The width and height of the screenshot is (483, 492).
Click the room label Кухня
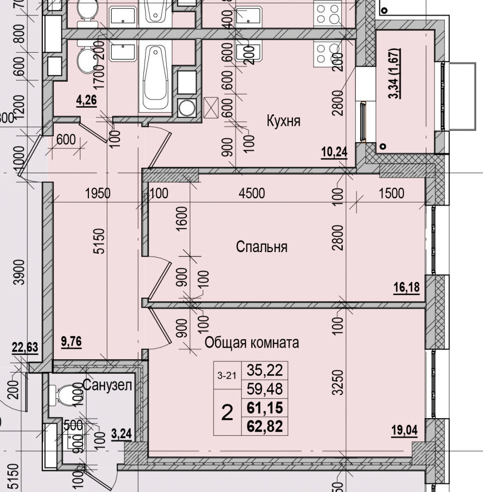(283, 121)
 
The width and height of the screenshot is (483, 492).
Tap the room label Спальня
(261, 247)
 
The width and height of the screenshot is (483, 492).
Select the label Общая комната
(252, 343)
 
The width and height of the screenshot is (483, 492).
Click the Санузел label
(108, 385)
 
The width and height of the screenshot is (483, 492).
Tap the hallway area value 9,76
(71, 342)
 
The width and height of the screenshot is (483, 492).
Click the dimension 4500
(251, 194)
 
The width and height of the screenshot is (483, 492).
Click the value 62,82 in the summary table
(265, 426)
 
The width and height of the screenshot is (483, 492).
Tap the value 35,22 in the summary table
(265, 369)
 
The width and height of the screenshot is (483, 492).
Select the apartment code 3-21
(227, 376)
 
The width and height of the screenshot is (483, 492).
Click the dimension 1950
(98, 194)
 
